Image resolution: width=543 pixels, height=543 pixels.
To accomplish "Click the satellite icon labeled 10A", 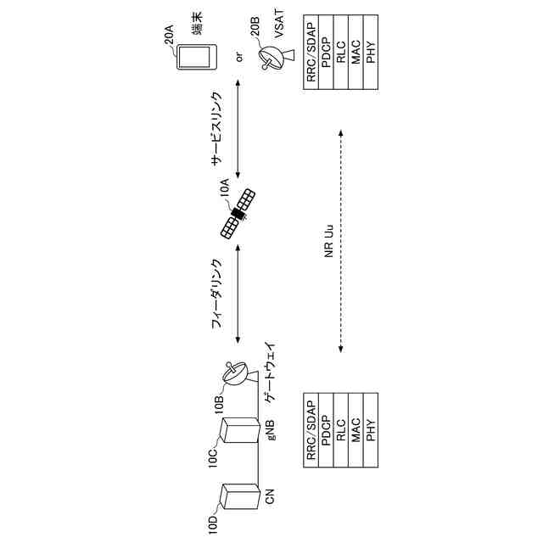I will click(239, 214).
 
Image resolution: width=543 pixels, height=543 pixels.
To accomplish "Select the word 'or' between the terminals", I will click(239, 57).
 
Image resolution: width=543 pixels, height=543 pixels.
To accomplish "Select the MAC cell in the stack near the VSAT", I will click(355, 55).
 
